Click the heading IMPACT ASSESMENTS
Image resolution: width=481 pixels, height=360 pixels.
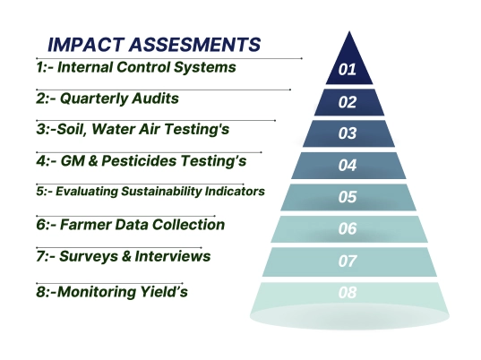tap(154, 44)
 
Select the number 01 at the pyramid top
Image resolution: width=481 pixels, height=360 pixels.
tap(347, 69)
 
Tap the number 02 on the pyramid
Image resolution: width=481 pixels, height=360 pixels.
tap(347, 101)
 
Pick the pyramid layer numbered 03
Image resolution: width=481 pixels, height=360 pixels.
tap(348, 133)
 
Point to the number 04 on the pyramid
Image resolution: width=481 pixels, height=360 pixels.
tap(348, 166)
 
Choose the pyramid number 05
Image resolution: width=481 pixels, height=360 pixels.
tap(348, 197)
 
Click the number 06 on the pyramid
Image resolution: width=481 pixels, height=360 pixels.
tap(348, 229)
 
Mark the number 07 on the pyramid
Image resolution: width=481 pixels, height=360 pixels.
tap(348, 261)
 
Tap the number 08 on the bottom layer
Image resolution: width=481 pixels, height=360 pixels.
tap(348, 293)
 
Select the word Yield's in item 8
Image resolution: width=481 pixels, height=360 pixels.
tap(162, 291)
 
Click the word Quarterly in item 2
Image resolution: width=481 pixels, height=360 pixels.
tap(95, 98)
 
